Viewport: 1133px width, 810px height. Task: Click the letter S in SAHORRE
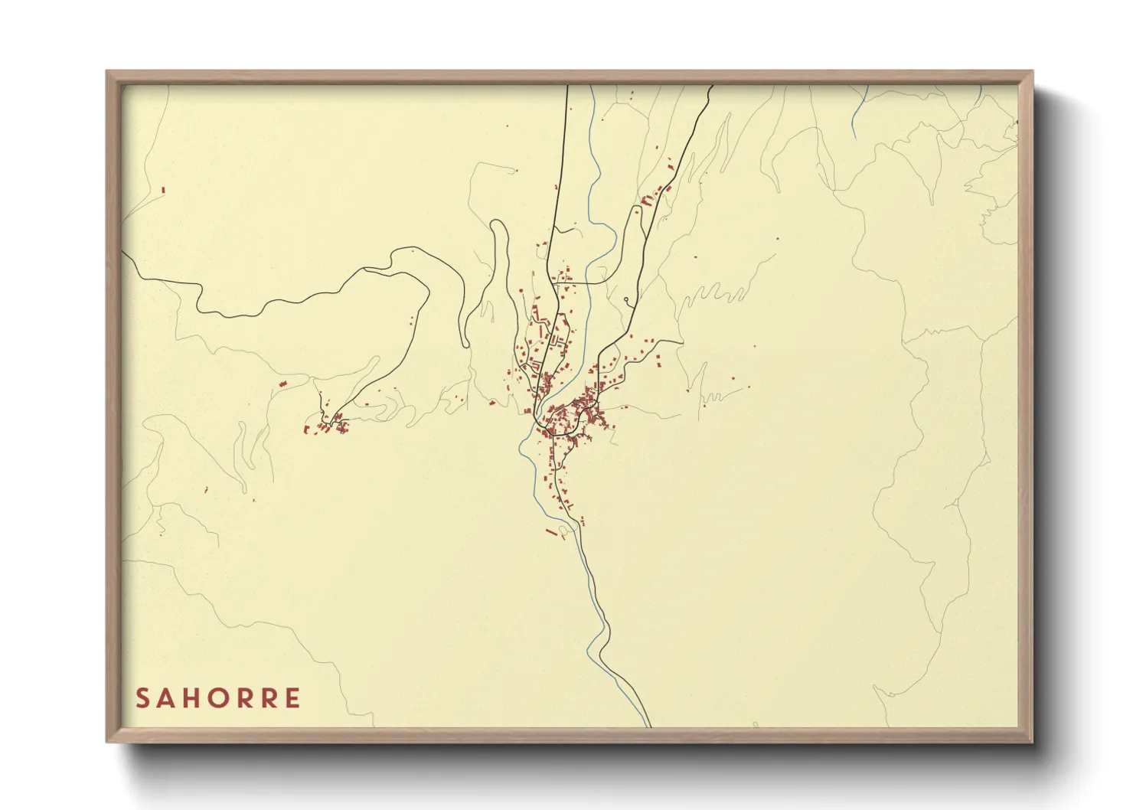tap(142, 698)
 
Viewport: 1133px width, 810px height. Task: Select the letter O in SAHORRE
tap(219, 698)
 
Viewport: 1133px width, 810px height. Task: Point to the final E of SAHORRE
tap(292, 698)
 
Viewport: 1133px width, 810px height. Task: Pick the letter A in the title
tap(168, 698)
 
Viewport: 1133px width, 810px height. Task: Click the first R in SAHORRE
tap(244, 698)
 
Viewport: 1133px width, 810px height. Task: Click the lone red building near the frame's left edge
tap(163, 190)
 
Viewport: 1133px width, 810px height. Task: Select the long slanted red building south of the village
tap(550, 531)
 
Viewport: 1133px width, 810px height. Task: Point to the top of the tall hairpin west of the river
tap(498, 223)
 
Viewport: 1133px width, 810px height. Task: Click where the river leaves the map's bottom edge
tap(647, 725)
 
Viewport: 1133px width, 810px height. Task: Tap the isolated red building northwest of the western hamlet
tap(281, 382)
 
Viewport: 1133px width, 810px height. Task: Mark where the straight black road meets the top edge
tap(566, 86)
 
